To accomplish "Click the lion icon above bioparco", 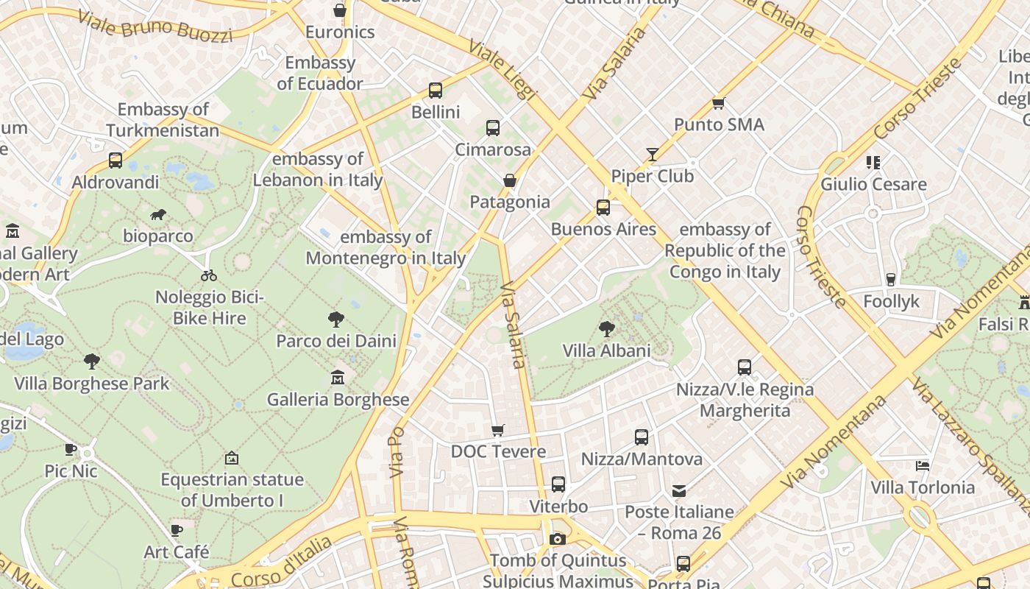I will tap(157, 215).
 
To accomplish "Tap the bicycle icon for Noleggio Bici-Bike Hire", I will tap(209, 275).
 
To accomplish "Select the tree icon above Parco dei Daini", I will tap(336, 320).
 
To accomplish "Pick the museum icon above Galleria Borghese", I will tap(338, 378).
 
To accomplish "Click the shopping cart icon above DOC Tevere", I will tap(498, 430).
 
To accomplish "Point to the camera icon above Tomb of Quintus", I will tap(558, 539).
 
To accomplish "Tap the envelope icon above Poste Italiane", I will tap(679, 490).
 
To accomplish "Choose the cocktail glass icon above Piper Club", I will tap(653, 154).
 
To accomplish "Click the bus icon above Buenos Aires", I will tap(603, 208).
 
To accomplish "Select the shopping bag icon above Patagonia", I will tap(509, 180).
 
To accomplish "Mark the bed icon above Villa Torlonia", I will tap(923, 465).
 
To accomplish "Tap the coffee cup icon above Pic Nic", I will tap(71, 449).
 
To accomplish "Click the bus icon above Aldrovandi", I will tap(116, 161).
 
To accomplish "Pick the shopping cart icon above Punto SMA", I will tap(719, 103).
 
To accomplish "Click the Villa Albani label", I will tap(607, 350).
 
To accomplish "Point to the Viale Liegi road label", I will tap(503, 70).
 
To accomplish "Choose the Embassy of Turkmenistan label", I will tap(163, 120).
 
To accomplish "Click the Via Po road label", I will tap(397, 450).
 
